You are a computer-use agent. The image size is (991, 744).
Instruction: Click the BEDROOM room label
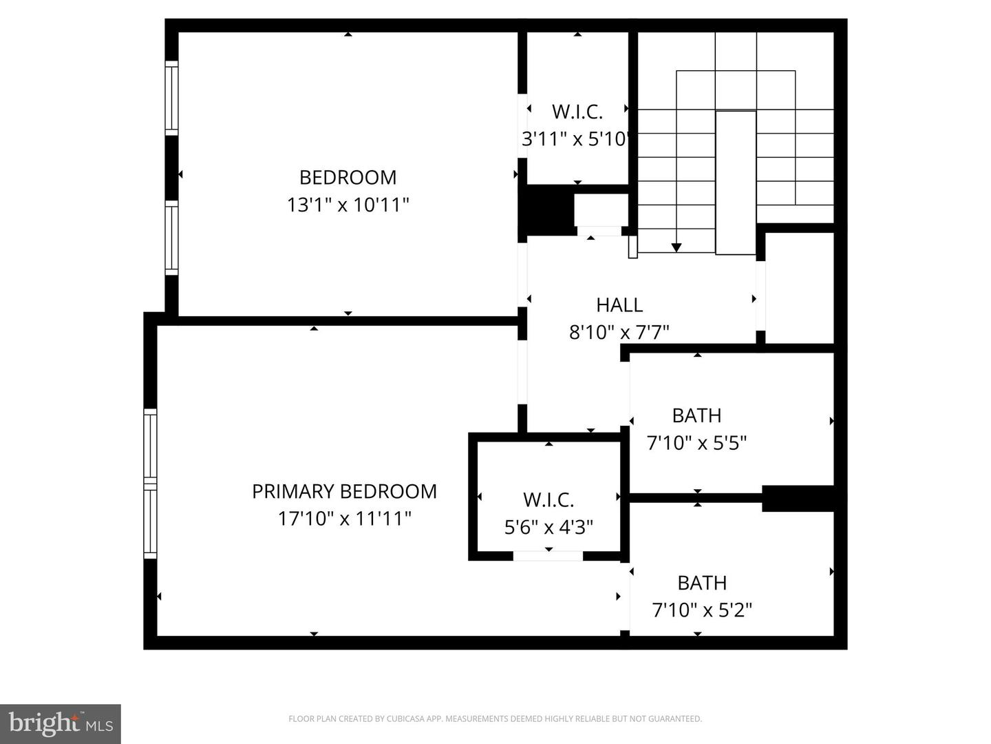pyautogui.click(x=348, y=178)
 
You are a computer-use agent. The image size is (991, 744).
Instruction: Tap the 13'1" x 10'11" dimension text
pyautogui.click(x=348, y=205)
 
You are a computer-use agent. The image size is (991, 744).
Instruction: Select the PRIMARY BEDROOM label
pyautogui.click(x=344, y=491)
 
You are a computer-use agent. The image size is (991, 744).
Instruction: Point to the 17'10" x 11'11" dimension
pyautogui.click(x=344, y=518)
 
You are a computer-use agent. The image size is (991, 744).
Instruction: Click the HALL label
pyautogui.click(x=619, y=305)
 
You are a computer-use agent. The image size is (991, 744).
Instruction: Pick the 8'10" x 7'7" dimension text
pyautogui.click(x=619, y=333)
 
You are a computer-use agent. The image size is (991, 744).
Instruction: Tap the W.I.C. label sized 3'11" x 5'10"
pyautogui.click(x=577, y=112)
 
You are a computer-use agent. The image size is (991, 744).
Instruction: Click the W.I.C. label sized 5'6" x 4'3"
pyautogui.click(x=548, y=499)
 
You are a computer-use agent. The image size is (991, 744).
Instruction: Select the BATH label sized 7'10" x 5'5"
pyautogui.click(x=696, y=416)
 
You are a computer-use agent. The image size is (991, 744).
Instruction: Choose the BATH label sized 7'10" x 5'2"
pyautogui.click(x=702, y=583)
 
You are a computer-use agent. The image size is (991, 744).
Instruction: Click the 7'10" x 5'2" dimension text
pyautogui.click(x=702, y=610)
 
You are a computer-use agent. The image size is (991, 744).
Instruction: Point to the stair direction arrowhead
pyautogui.click(x=676, y=247)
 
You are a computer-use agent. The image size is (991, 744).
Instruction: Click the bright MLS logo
pyautogui.click(x=61, y=723)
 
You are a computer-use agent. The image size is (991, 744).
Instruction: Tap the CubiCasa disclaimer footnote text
pyautogui.click(x=495, y=719)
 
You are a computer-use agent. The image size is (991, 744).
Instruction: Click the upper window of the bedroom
pyautogui.click(x=171, y=97)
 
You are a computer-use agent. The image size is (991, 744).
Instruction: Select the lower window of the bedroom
pyautogui.click(x=171, y=238)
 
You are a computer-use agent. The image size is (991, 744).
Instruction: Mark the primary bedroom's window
pyautogui.click(x=150, y=482)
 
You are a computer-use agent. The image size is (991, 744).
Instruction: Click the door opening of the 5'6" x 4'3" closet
pyautogui.click(x=548, y=555)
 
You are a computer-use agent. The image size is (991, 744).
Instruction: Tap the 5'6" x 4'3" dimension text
pyautogui.click(x=548, y=528)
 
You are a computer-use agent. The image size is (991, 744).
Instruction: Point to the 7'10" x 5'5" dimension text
pyautogui.click(x=696, y=443)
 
